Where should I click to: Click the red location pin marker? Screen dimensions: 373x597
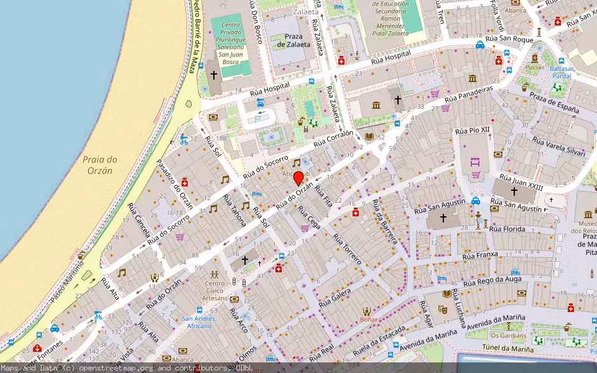[298, 178]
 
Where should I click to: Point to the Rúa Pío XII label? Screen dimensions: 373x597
[473, 131]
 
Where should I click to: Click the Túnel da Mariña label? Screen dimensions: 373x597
[509, 349]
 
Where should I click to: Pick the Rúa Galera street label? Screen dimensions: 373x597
[335, 297]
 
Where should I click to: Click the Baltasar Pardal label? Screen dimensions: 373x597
[561, 72]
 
